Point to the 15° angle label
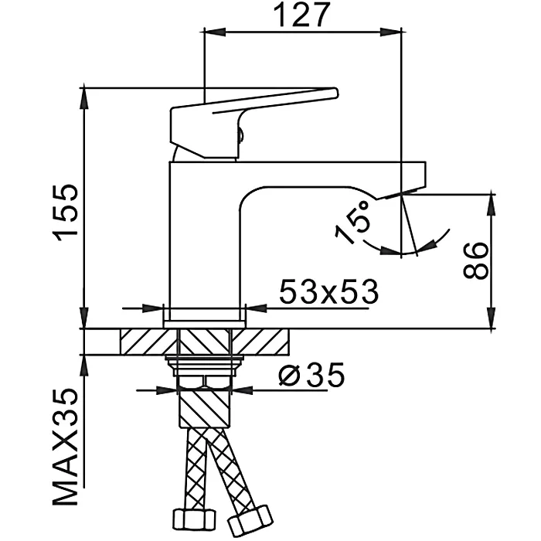point(354,223)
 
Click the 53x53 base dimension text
point(328,291)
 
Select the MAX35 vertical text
point(67,447)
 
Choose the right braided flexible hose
point(232,471)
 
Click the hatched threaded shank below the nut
point(205,406)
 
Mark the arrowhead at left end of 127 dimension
point(210,32)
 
